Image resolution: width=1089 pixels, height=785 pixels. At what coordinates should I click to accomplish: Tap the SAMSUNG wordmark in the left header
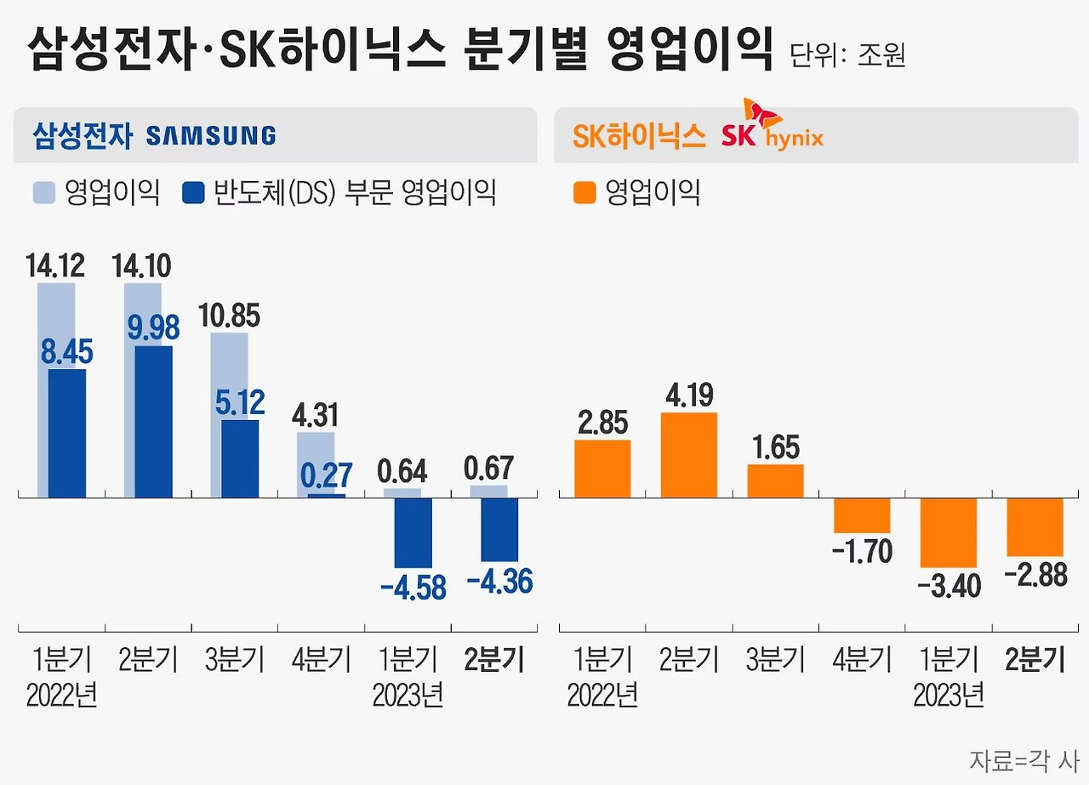point(211,135)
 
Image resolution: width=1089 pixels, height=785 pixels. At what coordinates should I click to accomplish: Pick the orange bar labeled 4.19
point(689,454)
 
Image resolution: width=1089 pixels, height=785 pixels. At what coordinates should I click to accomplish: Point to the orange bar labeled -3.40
point(949,532)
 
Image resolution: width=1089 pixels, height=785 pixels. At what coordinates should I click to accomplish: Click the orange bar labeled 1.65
point(775,481)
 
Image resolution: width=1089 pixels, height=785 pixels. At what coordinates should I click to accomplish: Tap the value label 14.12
point(55,266)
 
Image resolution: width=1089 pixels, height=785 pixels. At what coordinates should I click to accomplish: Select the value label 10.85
point(230,316)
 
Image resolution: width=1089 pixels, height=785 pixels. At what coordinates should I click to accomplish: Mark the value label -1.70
point(861,552)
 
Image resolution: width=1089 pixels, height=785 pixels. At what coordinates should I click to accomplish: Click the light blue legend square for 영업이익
point(44,193)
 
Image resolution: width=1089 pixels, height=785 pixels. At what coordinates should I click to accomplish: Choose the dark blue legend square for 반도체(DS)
point(193,193)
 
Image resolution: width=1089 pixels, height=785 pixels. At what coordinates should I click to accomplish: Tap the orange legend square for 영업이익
point(584,193)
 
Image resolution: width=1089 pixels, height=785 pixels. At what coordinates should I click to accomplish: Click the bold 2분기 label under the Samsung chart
point(495,660)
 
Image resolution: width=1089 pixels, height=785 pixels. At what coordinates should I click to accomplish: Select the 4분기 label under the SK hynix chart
point(862,660)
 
